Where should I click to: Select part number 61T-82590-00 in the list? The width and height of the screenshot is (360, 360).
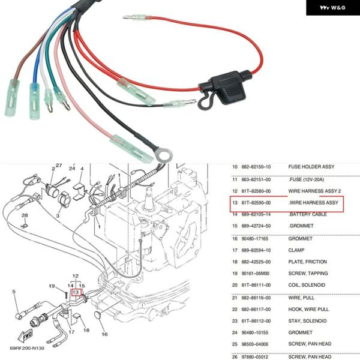coord(259,204)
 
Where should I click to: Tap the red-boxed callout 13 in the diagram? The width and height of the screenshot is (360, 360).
coord(76,293)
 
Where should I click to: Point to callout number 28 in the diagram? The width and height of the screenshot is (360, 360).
coord(25,215)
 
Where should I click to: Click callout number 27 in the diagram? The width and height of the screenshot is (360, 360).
coord(59,165)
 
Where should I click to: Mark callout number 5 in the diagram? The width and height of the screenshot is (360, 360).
coord(14,292)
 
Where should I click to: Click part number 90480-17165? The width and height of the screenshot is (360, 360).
coord(259,239)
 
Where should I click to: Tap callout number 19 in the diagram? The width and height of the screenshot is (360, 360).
coord(52,286)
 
